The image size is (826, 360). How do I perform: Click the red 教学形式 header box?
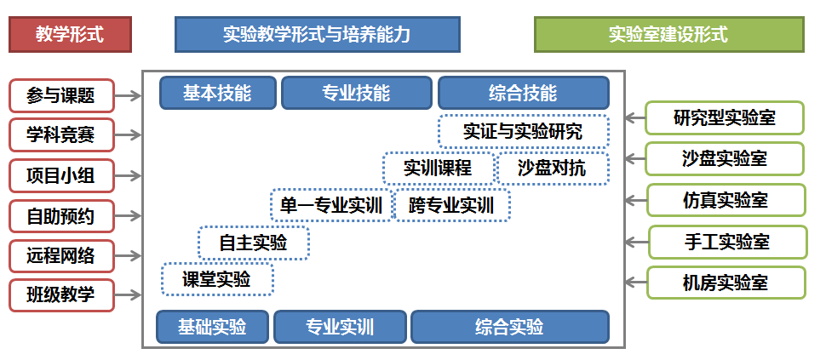(70, 35)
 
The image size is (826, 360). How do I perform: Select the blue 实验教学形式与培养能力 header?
(317, 35)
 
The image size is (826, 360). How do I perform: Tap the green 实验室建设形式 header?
(669, 35)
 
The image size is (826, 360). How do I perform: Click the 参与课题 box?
(61, 96)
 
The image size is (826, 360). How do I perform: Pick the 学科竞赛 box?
(61, 136)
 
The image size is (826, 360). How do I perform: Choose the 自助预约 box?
(61, 216)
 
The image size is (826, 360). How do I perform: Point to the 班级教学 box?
(61, 295)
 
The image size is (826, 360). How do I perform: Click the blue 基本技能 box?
(217, 93)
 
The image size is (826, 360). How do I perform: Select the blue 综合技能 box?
(524, 93)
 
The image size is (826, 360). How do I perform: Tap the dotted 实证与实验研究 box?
(524, 132)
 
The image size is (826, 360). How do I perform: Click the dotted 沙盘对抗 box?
(553, 169)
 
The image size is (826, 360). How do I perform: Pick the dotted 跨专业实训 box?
(452, 205)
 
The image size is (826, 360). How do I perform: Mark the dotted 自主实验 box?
(254, 243)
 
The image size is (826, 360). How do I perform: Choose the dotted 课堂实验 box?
(217, 279)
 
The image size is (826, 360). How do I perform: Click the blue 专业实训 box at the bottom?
(340, 327)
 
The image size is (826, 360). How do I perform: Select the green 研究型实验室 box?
(725, 118)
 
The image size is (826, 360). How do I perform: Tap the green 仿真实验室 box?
(726, 200)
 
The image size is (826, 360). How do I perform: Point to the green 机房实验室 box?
(726, 283)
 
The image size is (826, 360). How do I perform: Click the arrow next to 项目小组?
(129, 176)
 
